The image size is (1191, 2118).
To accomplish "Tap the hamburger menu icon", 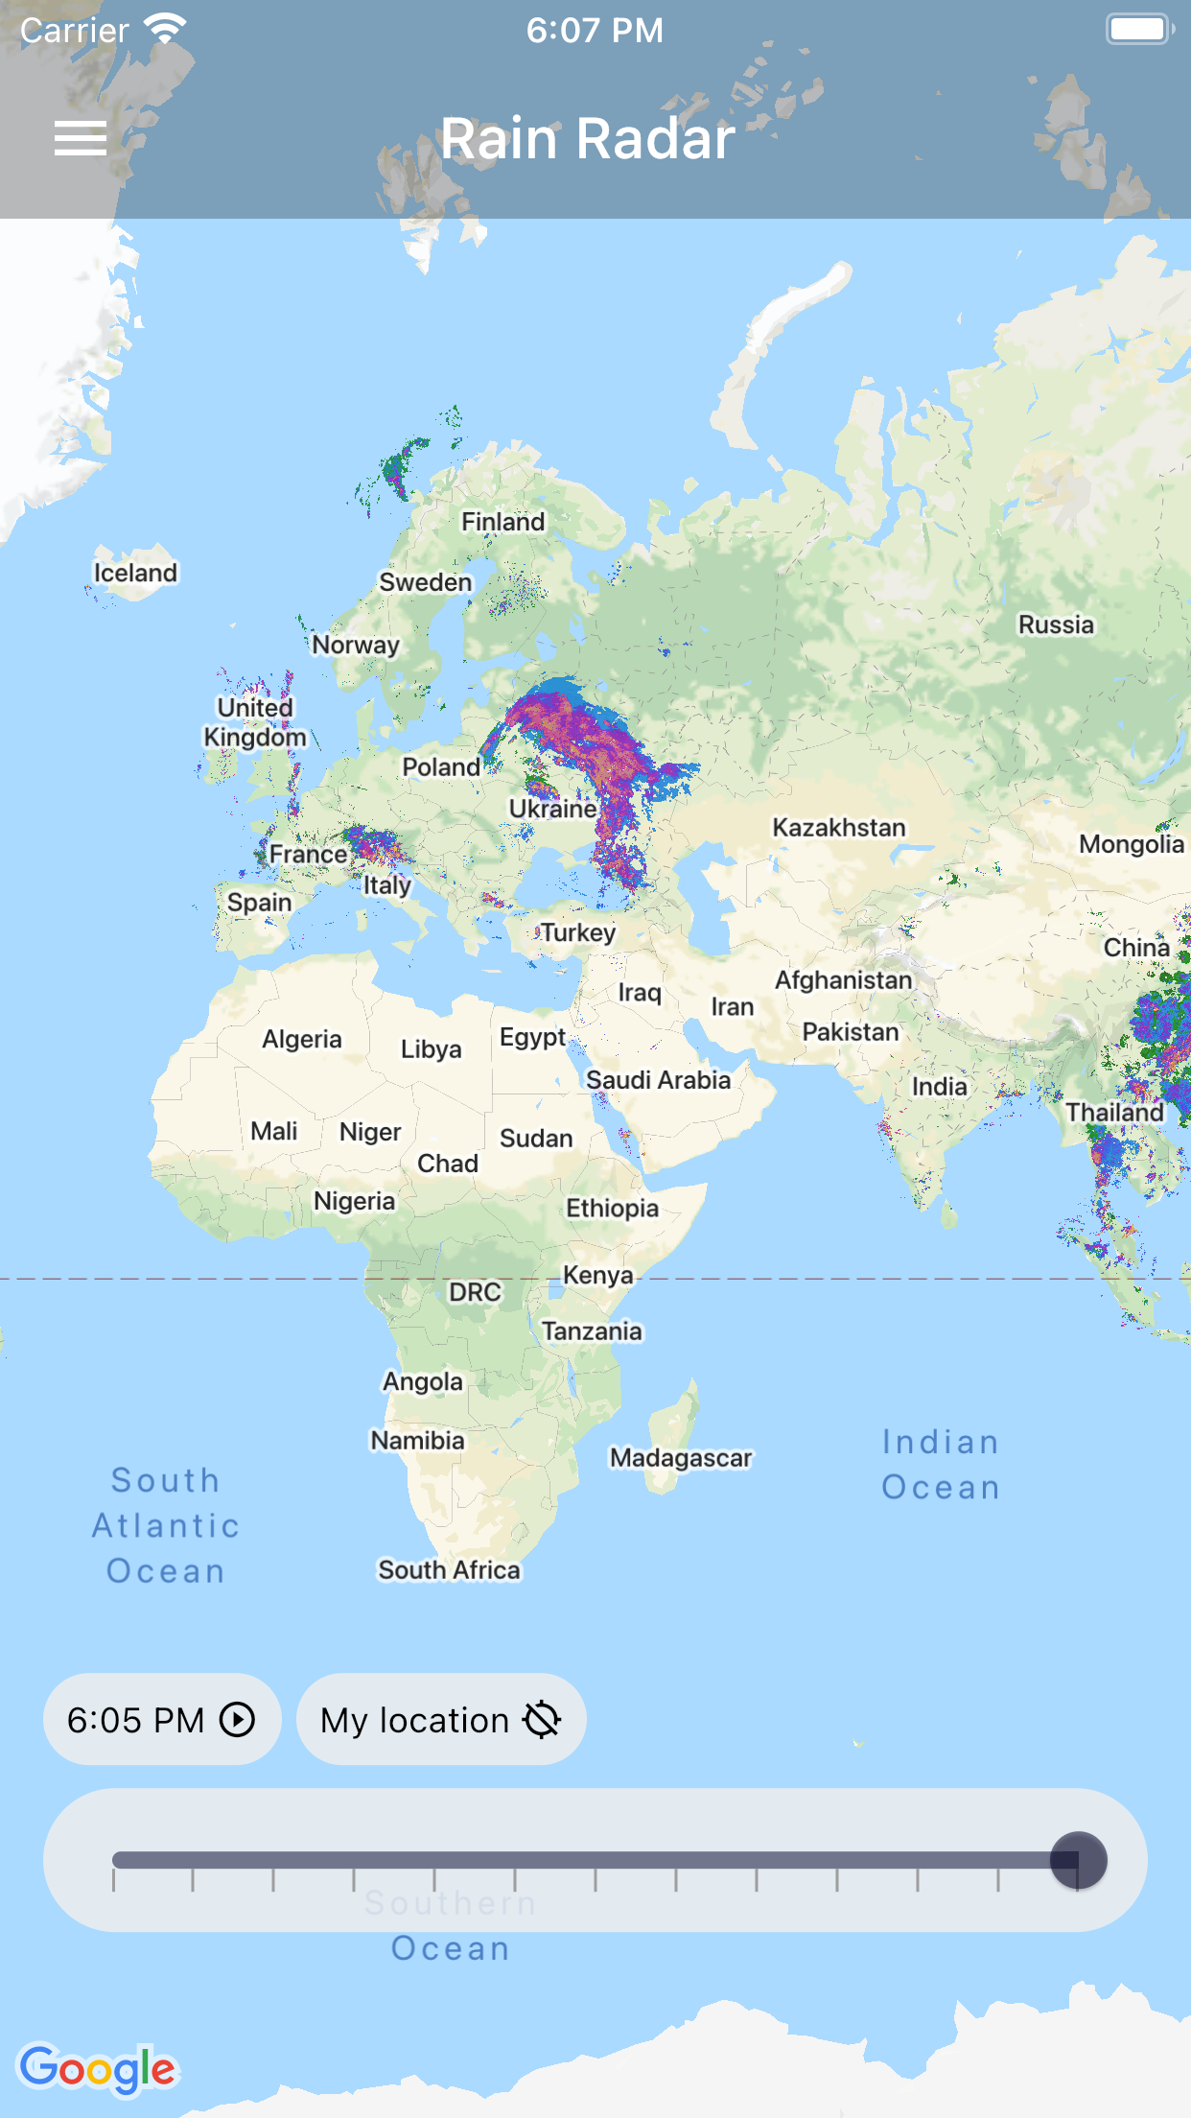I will click(81, 138).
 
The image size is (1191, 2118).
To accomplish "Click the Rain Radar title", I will click(587, 138).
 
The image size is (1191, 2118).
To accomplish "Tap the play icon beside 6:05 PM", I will click(237, 1720).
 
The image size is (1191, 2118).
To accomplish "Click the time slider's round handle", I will click(1078, 1860).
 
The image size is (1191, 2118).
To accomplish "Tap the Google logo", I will click(98, 2069).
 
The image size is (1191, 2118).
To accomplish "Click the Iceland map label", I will click(135, 573).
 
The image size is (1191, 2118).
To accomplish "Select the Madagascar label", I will click(681, 1458).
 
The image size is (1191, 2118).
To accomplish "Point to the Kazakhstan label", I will click(839, 828).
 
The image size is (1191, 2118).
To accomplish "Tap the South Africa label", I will click(449, 1570).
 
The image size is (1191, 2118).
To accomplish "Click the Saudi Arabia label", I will click(658, 1080).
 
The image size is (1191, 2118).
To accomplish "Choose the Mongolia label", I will click(1132, 844).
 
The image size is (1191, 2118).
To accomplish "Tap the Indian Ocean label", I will click(940, 1465).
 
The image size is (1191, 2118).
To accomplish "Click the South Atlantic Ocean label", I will click(166, 1525).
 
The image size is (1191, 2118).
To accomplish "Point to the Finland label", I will click(502, 522).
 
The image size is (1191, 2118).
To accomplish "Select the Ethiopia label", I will click(612, 1208).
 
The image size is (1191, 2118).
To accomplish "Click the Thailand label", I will click(1114, 1112).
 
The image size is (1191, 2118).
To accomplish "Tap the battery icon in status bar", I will click(1139, 30).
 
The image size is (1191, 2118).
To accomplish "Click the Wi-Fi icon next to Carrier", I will click(166, 30).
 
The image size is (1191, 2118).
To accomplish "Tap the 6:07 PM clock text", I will click(595, 31).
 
